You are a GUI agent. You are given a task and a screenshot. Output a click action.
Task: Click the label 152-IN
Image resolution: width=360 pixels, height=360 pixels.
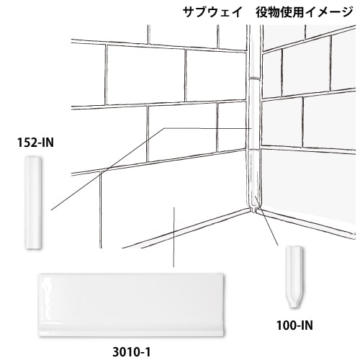click(35, 143)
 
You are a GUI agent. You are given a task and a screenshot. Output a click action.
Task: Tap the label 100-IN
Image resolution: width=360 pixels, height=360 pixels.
click(294, 325)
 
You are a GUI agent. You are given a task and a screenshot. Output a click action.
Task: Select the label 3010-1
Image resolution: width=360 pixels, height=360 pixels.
click(132, 352)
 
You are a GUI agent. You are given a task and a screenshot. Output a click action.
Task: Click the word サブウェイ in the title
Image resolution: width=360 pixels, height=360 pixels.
click(212, 12)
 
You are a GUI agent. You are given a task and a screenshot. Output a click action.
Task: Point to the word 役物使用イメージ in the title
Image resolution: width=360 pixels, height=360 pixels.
click(305, 12)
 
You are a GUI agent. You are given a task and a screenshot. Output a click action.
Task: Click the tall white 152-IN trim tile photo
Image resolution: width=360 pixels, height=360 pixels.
click(34, 203)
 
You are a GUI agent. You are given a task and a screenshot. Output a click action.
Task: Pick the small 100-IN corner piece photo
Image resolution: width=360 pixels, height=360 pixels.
click(294, 276)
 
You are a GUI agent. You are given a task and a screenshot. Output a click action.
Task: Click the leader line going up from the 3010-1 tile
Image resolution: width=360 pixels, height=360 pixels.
click(174, 237)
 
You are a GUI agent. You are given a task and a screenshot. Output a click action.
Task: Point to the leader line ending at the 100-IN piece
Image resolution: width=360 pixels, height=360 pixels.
click(267, 221)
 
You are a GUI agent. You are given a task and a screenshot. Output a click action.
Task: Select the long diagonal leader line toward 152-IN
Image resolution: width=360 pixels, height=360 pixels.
click(107, 169)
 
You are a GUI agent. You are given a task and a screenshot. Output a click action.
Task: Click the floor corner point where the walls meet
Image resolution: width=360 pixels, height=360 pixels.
click(253, 211)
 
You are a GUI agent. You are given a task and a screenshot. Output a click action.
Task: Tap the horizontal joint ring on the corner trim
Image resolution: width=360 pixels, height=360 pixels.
click(254, 78)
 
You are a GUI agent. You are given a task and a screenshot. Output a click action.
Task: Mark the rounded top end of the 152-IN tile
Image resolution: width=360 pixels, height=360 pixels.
click(34, 158)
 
